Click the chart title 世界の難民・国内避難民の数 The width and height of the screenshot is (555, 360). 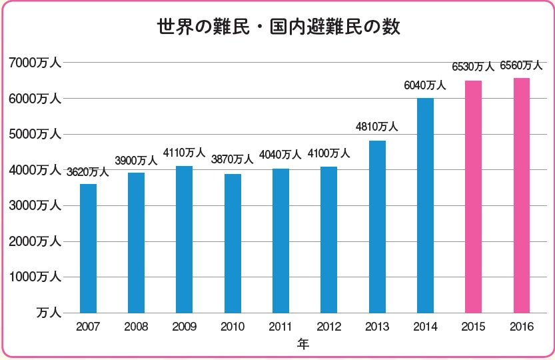coord(278,27)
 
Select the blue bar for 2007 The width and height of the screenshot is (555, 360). coord(88,248)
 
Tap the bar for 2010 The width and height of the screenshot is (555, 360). coord(233,243)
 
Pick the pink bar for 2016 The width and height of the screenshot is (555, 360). coord(521,195)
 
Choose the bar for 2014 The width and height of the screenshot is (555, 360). coord(425,205)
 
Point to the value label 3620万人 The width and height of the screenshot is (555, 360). coord(88,172)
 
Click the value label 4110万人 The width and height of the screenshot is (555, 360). coord(185,154)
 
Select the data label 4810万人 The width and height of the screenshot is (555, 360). coord(376,127)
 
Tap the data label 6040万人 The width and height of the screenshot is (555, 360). coord(424,85)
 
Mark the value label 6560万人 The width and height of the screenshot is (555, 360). coord(521,65)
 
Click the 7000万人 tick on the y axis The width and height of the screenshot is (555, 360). coord(35,63)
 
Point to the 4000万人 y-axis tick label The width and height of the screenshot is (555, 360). coord(35,170)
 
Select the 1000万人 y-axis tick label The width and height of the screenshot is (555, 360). coord(35,277)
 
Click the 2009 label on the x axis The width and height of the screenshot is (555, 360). coord(185,327)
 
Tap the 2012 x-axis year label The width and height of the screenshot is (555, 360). coord(328,327)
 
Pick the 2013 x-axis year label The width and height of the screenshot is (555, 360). coord(376,327)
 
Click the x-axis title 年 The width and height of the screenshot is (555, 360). coord(303,345)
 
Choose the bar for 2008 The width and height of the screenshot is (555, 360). coord(136,243)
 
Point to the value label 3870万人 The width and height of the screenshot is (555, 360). coord(233,159)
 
